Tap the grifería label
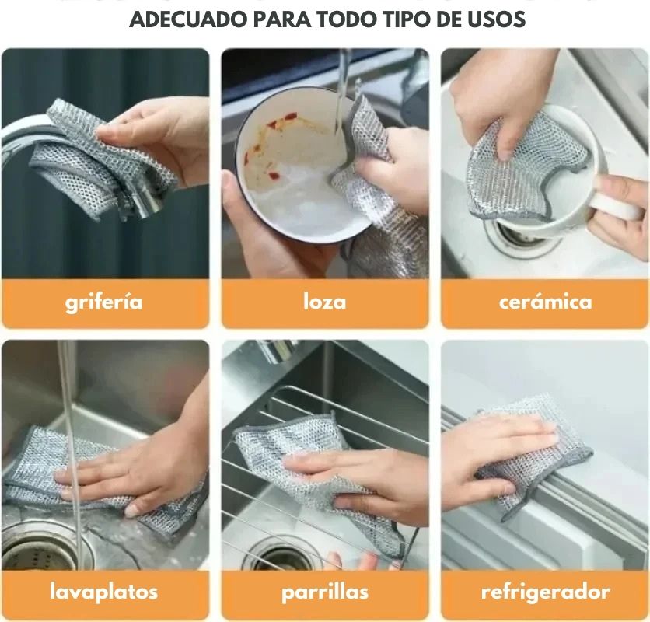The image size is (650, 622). (x=104, y=302)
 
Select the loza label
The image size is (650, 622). (x=324, y=302)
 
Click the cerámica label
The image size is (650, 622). (x=545, y=302)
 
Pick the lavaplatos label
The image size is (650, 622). (x=104, y=592)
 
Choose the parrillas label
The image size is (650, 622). (x=324, y=592)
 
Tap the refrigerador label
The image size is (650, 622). (x=545, y=592)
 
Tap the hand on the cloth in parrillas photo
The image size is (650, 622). (x=358, y=474)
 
